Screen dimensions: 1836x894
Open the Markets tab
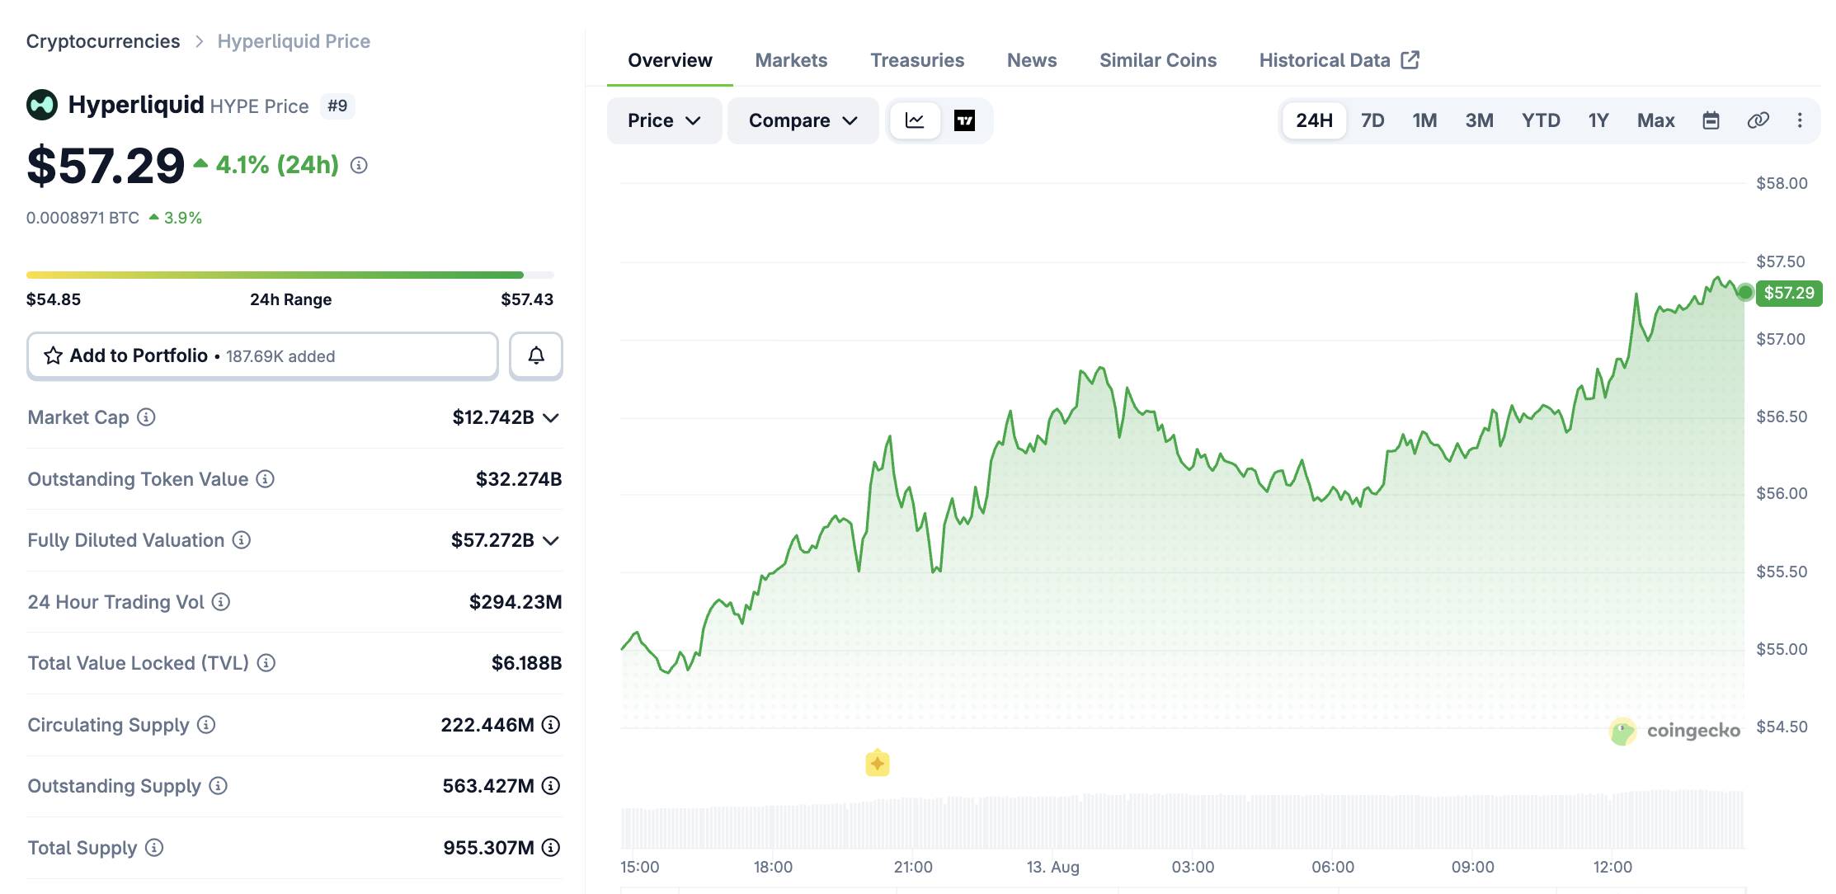791,60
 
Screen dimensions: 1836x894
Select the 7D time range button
1372,120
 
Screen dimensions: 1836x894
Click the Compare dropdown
803,120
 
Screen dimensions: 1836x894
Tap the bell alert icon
536,355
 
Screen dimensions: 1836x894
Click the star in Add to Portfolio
54,355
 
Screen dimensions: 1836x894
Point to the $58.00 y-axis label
1782,183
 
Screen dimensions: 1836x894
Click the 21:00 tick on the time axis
913,867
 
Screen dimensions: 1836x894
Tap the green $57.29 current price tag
1789,293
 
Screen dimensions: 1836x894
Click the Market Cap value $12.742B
493,417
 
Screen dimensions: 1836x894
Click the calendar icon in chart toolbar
1711,120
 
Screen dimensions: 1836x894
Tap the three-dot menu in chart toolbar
1800,120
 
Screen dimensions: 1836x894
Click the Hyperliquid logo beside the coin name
42,105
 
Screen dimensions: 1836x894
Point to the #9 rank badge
337,106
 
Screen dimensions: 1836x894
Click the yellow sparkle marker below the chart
878,764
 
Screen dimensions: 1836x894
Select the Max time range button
1655,120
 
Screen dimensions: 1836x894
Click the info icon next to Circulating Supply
206,724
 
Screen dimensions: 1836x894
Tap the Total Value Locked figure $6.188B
526,663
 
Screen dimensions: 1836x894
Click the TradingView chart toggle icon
964,120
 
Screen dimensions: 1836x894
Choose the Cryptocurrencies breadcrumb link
103,41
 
